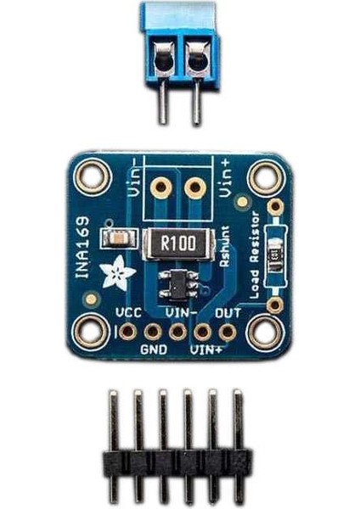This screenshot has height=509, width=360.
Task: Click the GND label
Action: pyautogui.click(x=154, y=349)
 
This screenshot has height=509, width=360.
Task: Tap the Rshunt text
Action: pyautogui.click(x=224, y=249)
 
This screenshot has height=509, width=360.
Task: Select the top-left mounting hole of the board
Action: pyautogui.click(x=88, y=178)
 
